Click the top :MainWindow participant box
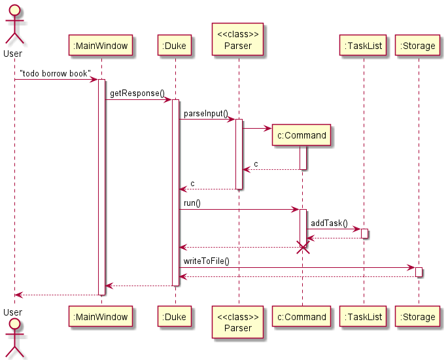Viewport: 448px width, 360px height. click(101, 46)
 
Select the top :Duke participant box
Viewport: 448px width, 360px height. click(175, 46)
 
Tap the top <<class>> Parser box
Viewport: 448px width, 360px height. click(238, 40)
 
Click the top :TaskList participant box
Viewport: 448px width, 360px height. click(363, 46)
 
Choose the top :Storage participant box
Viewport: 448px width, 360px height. click(419, 46)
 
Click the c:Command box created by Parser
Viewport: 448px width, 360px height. click(302, 135)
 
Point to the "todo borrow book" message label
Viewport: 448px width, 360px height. click(55, 74)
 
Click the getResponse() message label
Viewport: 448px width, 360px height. click(137, 93)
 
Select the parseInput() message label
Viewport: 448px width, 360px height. click(205, 113)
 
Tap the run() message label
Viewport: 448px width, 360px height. click(192, 203)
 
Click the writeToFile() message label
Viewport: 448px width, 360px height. click(206, 261)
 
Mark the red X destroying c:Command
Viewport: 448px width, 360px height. click(302, 248)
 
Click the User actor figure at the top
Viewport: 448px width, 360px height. click(14, 26)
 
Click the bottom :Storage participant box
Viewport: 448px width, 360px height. click(419, 317)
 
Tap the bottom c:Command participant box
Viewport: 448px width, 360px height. click(302, 317)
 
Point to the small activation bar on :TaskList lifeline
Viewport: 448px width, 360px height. click(364, 233)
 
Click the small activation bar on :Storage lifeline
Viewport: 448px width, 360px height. click(419, 272)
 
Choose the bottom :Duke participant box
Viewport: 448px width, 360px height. click(175, 317)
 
